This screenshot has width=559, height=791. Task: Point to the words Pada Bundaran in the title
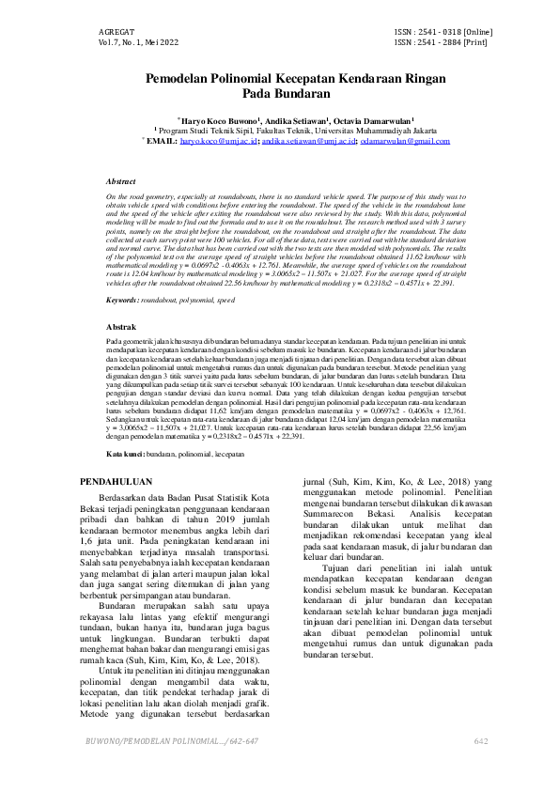pyautogui.click(x=280, y=95)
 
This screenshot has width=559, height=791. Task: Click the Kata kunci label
pyautogui.click(x=125, y=454)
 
